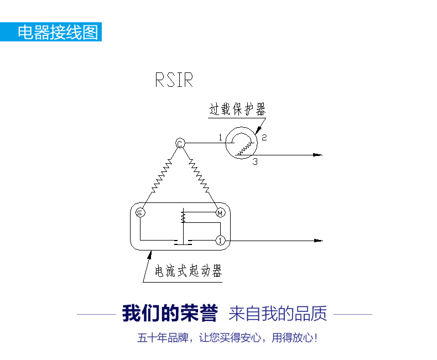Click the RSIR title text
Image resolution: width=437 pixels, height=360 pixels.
pos(174,80)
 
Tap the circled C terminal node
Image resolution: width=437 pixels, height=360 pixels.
pos(180,144)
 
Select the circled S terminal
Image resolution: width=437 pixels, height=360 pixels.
pos(140,212)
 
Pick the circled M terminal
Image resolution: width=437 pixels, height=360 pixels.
pos(220,212)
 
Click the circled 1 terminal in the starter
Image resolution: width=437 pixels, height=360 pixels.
pos(220,241)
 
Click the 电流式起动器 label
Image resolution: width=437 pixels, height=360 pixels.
pos(188,272)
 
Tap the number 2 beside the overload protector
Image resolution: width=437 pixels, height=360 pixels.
pos(264,138)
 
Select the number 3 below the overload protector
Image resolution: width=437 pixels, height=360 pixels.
pos(254,161)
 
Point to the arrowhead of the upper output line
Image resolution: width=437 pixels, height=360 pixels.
pos(318,155)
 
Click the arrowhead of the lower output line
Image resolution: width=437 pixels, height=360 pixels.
pos(318,241)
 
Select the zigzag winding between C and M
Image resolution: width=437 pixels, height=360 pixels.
pos(199,176)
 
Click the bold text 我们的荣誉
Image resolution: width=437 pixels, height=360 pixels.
pos(170,314)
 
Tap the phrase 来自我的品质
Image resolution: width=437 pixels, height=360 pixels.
pos(278,314)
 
